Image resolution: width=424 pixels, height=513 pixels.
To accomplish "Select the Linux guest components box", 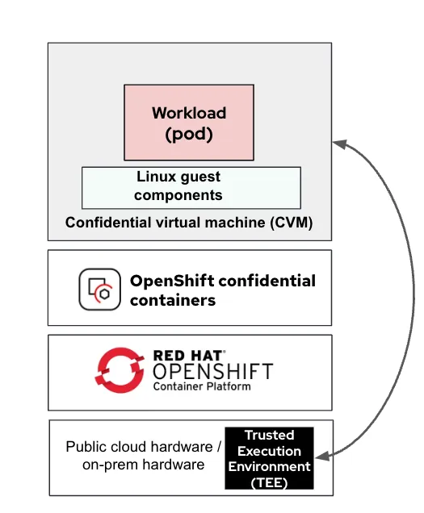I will pyautogui.click(x=191, y=187).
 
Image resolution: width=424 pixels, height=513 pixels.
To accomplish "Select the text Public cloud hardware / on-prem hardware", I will pyautogui.click(x=142, y=456).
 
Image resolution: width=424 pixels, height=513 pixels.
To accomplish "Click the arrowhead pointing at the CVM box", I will pyautogui.click(x=339, y=144).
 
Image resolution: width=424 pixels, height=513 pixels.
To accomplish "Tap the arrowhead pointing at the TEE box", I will pyautogui.click(x=321, y=457).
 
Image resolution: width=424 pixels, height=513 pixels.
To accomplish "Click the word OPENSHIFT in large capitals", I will pyautogui.click(x=212, y=373).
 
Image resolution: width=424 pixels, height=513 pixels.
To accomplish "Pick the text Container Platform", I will pyautogui.click(x=202, y=387).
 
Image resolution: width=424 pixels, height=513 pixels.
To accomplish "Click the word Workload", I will pyautogui.click(x=189, y=113).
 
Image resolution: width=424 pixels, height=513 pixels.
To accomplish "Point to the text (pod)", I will pyautogui.click(x=189, y=134).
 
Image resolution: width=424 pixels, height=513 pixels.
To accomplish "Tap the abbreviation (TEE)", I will pyautogui.click(x=270, y=482).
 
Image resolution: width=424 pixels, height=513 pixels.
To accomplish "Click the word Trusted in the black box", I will pyautogui.click(x=270, y=436).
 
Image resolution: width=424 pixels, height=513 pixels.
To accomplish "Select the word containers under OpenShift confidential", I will pyautogui.click(x=173, y=300).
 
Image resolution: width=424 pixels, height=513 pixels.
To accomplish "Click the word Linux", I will pyautogui.click(x=154, y=177).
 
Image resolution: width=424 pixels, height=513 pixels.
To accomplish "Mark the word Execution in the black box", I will pyautogui.click(x=270, y=451).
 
